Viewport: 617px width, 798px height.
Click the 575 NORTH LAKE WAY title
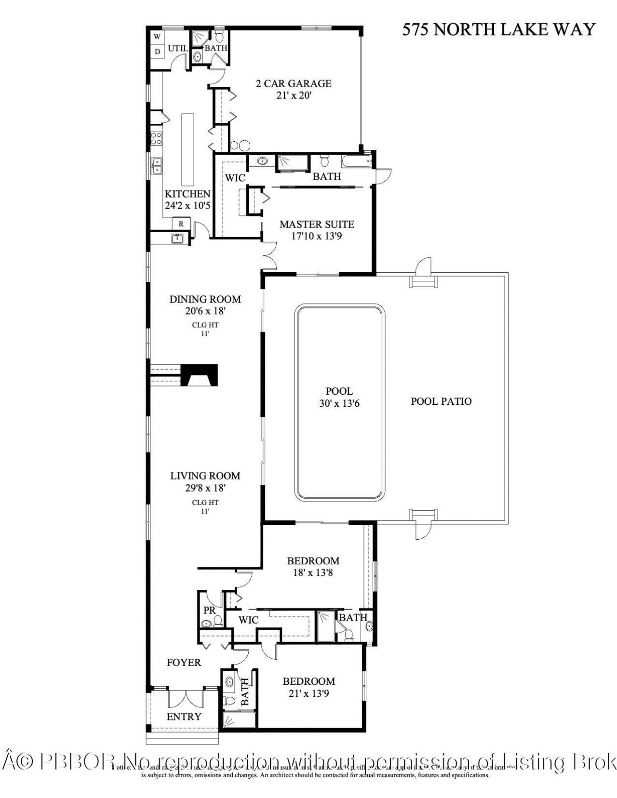498,29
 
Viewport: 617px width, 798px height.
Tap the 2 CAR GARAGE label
293,83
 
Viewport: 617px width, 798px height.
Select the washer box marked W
157,37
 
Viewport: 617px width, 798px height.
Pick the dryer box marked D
157,52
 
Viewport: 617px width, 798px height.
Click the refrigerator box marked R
181,224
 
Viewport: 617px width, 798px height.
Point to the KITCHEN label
188,194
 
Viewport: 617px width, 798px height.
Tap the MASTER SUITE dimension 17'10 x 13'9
317,236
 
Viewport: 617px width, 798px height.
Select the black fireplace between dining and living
200,375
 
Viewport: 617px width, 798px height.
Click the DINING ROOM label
205,299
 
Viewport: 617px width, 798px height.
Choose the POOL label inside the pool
339,391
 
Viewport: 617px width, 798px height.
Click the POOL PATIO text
441,401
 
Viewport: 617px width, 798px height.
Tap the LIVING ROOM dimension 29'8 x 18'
205,488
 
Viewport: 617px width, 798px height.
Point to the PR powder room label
209,610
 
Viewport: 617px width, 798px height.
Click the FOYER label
184,663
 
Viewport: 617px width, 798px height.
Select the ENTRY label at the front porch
184,717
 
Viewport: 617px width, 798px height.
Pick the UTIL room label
177,49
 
